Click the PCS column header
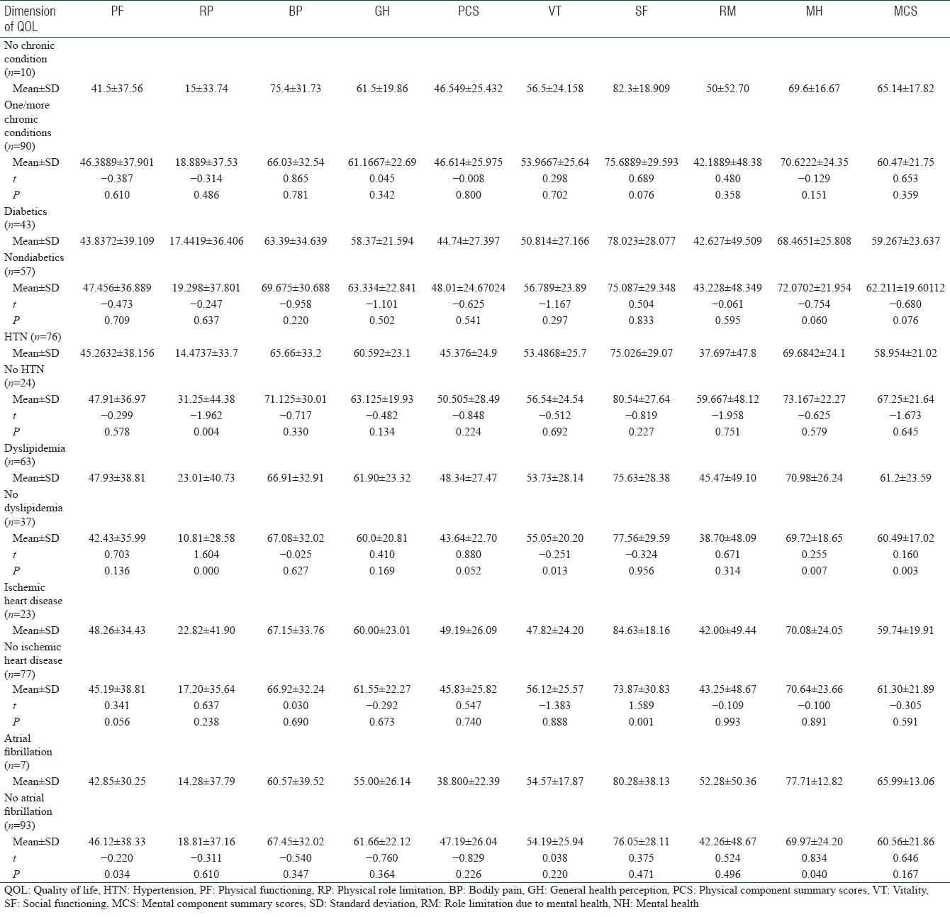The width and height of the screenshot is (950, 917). click(468, 11)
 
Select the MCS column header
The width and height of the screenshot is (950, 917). click(905, 11)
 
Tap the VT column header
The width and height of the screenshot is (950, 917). click(554, 11)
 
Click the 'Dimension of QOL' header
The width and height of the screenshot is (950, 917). click(30, 18)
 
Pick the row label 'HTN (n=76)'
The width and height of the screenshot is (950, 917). click(32, 336)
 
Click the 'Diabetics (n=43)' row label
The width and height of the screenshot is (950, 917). click(26, 218)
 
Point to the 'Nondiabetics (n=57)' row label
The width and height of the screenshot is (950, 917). click(34, 264)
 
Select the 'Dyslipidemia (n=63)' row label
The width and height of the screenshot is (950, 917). click(34, 455)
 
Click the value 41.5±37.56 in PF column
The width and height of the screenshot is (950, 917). click(117, 89)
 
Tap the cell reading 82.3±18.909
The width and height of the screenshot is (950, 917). click(641, 89)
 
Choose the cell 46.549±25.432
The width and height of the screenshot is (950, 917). click(468, 89)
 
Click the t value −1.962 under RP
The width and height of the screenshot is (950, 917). click(206, 416)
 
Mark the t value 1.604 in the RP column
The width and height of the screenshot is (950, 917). click(206, 554)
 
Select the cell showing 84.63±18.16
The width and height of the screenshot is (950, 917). click(641, 630)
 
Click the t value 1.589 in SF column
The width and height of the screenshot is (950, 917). click(641, 705)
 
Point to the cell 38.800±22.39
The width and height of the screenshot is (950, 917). click(468, 782)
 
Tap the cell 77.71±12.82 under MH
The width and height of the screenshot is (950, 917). click(814, 782)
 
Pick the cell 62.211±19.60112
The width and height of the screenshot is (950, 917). click(905, 288)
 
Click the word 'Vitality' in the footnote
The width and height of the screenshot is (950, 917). click(910, 890)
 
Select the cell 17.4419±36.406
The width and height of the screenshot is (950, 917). click(206, 240)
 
